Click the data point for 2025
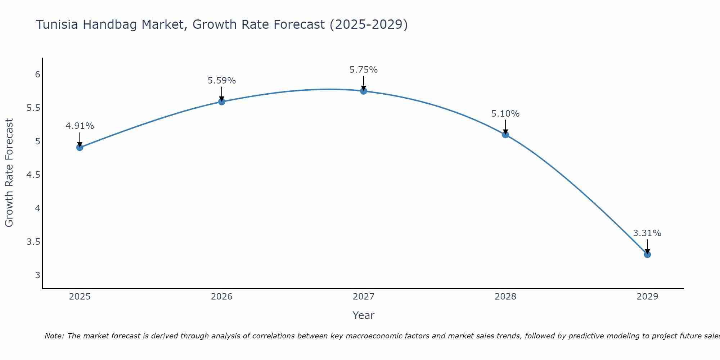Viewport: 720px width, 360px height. [80, 147]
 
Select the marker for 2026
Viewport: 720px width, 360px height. [222, 102]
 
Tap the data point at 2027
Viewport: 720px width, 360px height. [364, 91]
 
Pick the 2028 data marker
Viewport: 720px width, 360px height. [505, 135]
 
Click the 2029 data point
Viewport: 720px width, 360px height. [647, 255]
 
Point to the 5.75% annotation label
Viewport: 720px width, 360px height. [364, 70]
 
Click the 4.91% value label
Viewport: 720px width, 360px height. [80, 126]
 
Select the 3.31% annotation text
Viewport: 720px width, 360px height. [647, 233]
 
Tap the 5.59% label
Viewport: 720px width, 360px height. [222, 81]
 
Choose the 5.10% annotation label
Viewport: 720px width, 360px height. [505, 114]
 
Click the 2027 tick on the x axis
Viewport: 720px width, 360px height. [364, 297]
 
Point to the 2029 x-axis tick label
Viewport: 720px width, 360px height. [647, 297]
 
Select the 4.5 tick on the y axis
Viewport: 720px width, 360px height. [33, 175]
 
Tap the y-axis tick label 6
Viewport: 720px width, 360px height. [37, 75]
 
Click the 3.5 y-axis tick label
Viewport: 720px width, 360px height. [33, 242]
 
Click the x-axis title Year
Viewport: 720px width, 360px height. [364, 315]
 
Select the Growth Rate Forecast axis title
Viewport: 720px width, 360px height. [9, 172]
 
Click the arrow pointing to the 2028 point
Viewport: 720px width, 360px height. [505, 126]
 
